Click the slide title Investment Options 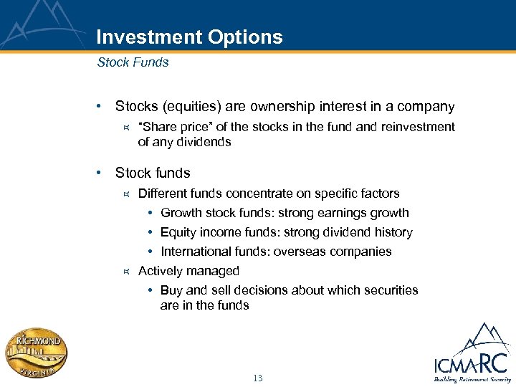[189, 37]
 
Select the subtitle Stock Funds [133, 62]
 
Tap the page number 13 [258, 378]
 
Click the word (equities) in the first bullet [192, 107]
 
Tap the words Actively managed [188, 271]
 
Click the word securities [391, 290]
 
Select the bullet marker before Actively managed [125, 271]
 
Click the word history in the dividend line [393, 232]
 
